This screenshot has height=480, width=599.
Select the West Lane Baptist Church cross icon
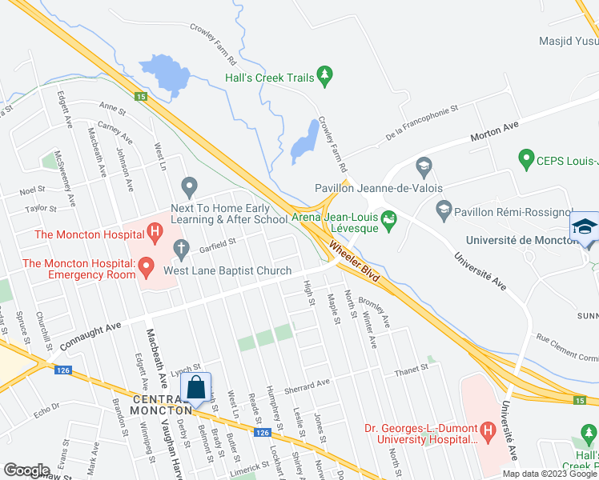(181, 250)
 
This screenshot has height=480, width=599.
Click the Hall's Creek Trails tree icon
(324, 77)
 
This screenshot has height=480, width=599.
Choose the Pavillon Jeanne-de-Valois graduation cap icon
(424, 168)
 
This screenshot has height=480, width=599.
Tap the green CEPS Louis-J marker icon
(526, 158)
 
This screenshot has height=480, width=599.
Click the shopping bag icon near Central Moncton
(195, 388)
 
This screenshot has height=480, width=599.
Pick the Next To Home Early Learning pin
(189, 188)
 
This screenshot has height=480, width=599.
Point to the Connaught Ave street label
(92, 328)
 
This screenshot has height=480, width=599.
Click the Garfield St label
(220, 242)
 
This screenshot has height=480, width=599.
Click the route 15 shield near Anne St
(140, 96)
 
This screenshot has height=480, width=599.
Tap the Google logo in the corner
(26, 470)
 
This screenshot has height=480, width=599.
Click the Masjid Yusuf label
(572, 39)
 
